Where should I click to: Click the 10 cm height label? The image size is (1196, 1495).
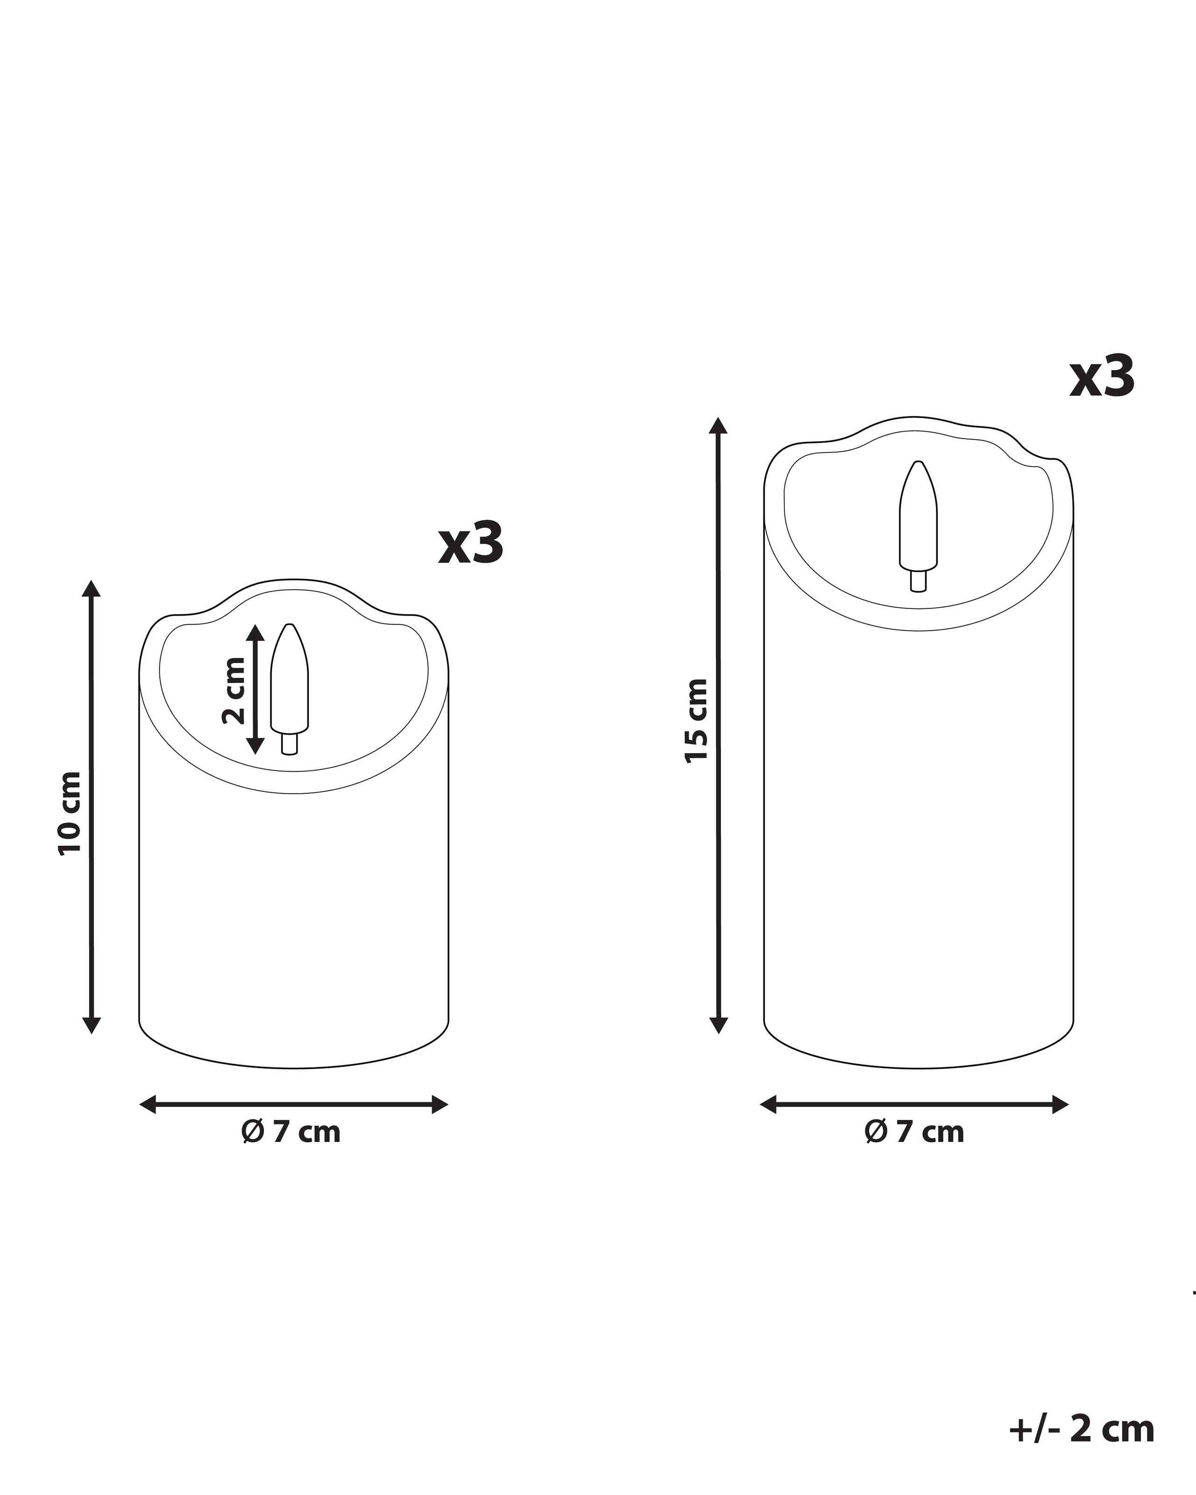(x=70, y=813)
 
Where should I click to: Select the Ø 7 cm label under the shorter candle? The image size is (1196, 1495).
(x=291, y=1132)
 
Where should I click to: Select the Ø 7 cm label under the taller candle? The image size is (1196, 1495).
(x=914, y=1132)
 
